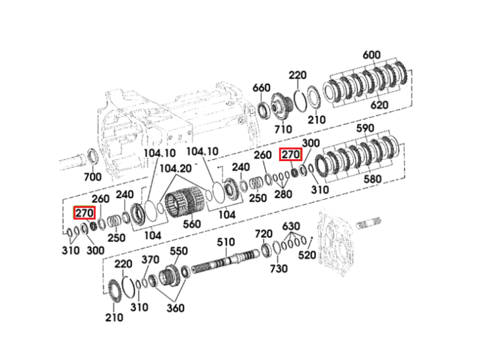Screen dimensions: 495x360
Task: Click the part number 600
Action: tap(371, 55)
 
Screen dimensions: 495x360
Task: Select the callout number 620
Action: tap(379, 104)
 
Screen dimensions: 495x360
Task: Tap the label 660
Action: tap(261, 88)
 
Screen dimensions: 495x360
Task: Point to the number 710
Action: tap(283, 129)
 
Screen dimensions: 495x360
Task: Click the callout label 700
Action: tap(92, 176)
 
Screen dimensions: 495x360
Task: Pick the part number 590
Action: tap(365, 128)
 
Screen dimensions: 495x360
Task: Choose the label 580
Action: tap(372, 179)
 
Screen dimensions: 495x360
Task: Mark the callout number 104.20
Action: tap(176, 168)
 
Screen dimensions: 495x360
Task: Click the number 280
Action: tap(283, 194)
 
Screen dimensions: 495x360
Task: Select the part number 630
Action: tap(291, 226)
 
